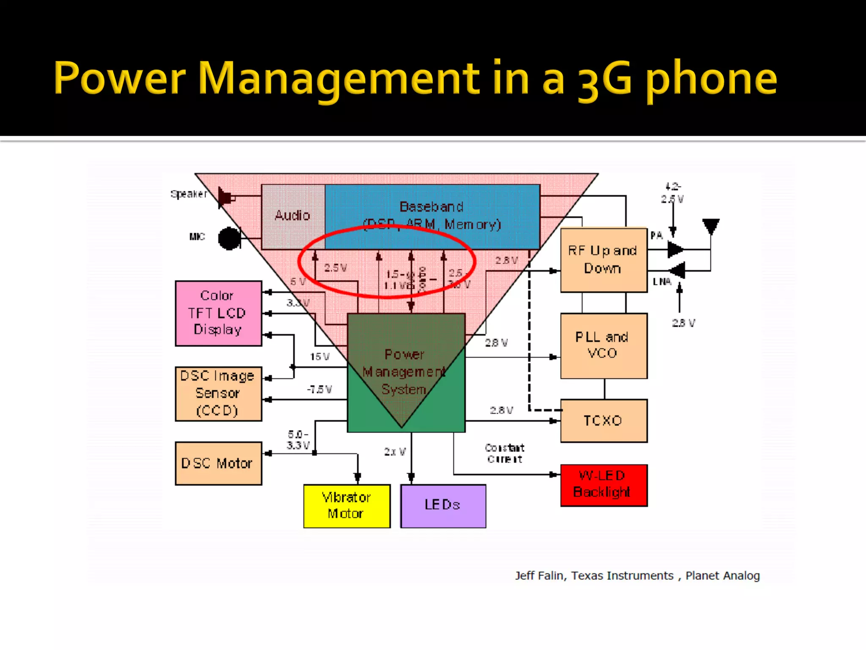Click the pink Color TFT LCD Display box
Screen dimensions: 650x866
pyautogui.click(x=218, y=313)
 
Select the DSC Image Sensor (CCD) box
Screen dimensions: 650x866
pyautogui.click(x=218, y=394)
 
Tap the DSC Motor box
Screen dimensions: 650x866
pyautogui.click(x=218, y=463)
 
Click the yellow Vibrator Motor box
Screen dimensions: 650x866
pyautogui.click(x=347, y=506)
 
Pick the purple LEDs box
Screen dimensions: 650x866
pyautogui.click(x=443, y=506)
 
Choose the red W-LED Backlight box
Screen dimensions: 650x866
pyautogui.click(x=604, y=485)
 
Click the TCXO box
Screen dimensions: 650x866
pyautogui.click(x=604, y=421)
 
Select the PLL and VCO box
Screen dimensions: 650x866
pyautogui.click(x=604, y=346)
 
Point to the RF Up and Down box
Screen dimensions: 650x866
pyautogui.click(x=604, y=260)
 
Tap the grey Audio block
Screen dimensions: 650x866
pyautogui.click(x=293, y=216)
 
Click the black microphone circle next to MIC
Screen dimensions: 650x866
pyautogui.click(x=229, y=238)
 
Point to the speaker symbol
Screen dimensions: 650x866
pyautogui.click(x=225, y=197)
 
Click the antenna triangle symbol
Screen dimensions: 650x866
pyautogui.click(x=711, y=226)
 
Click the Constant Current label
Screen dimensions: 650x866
pyautogui.click(x=504, y=453)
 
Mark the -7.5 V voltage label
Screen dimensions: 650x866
pyautogui.click(x=320, y=389)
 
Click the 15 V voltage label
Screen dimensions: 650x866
pyautogui.click(x=320, y=357)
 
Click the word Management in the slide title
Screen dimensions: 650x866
pyautogui.click(x=338, y=78)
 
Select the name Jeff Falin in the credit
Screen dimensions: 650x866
pyautogui.click(x=539, y=576)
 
